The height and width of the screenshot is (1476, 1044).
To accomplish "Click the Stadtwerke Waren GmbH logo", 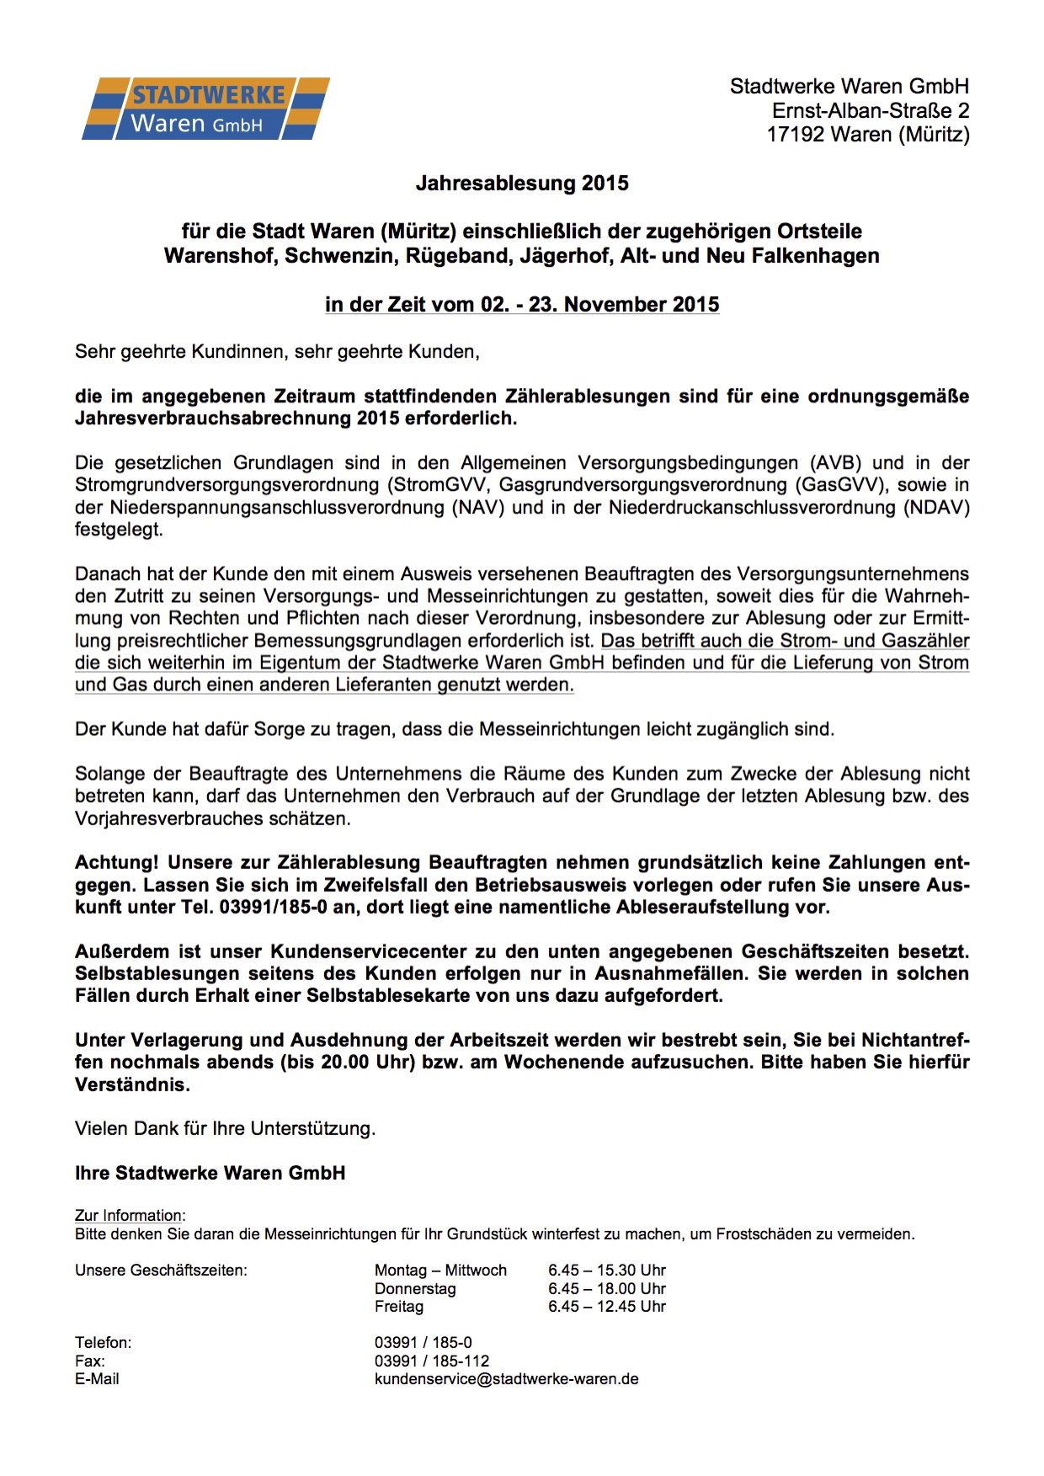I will [x=205, y=109].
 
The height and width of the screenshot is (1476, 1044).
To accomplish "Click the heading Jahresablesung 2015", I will [x=522, y=184].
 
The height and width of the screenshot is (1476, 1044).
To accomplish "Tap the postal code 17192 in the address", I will [x=795, y=135].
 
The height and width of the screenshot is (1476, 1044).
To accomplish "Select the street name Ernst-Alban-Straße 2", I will [x=871, y=110].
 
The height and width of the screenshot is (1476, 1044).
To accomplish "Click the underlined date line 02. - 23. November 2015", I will [x=522, y=305].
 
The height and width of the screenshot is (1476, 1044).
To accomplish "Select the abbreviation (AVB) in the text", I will [x=835, y=463].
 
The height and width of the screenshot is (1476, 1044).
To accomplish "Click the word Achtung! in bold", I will [x=116, y=863].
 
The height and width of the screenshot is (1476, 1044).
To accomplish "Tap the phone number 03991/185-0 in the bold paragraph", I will [x=273, y=908].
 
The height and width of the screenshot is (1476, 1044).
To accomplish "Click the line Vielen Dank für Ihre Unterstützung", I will [x=225, y=1129].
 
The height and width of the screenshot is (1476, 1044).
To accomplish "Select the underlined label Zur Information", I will [x=129, y=1216].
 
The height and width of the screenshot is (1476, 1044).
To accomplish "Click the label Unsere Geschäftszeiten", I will [x=161, y=1271].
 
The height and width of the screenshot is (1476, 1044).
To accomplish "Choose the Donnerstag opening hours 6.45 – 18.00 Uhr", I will [x=606, y=1289].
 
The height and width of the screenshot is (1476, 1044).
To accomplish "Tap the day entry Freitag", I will [x=398, y=1307].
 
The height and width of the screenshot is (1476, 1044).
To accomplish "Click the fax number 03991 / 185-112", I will [x=431, y=1361].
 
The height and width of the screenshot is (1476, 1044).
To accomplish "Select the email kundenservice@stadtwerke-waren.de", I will [x=506, y=1380].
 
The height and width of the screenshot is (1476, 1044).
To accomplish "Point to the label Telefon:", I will [x=103, y=1343].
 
